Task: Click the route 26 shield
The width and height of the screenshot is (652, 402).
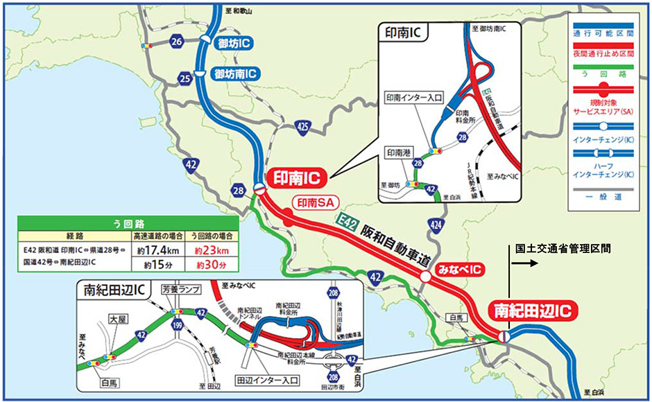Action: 177,42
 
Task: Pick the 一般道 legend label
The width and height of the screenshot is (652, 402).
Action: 601,196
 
